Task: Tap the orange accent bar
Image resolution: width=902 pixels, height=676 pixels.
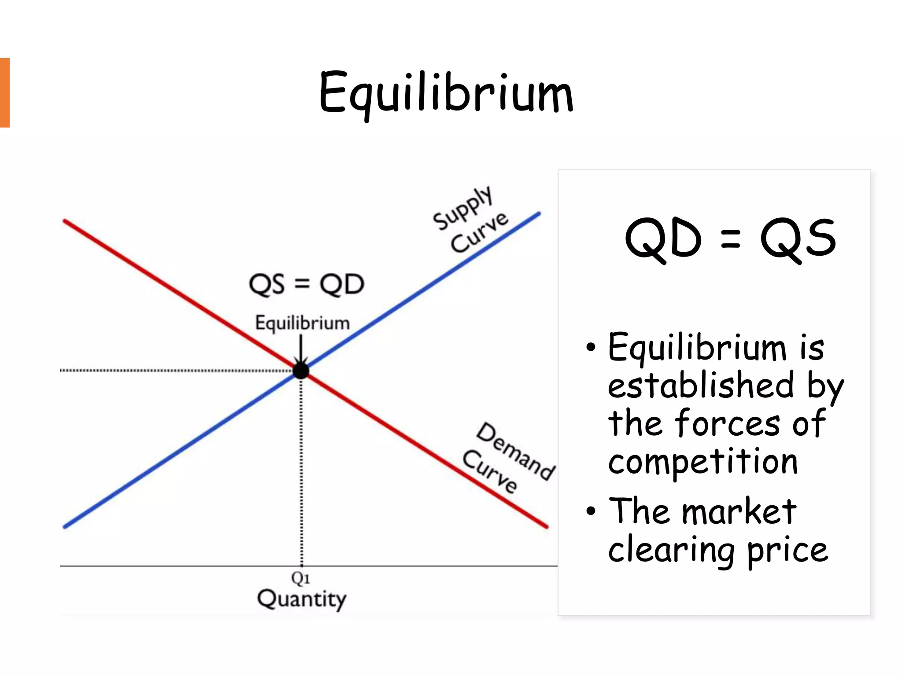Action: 4,92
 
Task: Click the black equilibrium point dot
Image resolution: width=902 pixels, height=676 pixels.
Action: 301,371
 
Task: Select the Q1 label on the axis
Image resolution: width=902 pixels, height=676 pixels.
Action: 300,578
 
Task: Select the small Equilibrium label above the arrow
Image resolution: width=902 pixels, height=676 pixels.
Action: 302,323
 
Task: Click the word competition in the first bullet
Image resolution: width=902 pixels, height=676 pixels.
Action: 703,462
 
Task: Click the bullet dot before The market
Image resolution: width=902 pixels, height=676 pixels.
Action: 591,511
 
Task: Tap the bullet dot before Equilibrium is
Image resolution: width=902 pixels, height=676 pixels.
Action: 591,348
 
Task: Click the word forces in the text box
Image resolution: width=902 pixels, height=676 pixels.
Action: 727,423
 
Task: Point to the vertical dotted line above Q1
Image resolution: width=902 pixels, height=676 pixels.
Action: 301,471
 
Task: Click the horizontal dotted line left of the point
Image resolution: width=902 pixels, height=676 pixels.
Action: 176,371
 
